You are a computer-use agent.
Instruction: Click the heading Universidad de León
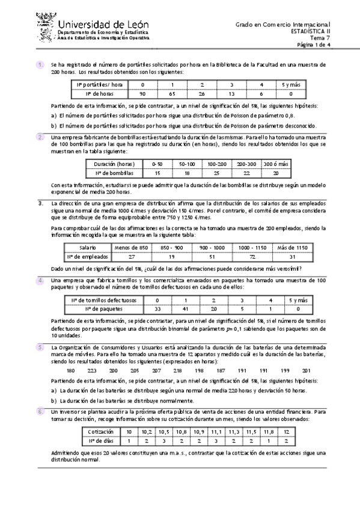click(x=105, y=23)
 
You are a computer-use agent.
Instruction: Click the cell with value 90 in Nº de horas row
click(x=142, y=94)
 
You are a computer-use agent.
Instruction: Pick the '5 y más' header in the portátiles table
click(x=290, y=85)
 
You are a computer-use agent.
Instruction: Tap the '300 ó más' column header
click(x=276, y=164)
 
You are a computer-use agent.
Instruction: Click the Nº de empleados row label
click(x=95, y=256)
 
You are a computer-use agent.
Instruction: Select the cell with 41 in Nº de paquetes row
click(x=186, y=309)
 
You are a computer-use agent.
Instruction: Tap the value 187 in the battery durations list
click(x=221, y=370)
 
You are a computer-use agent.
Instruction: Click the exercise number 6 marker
click(x=40, y=411)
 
